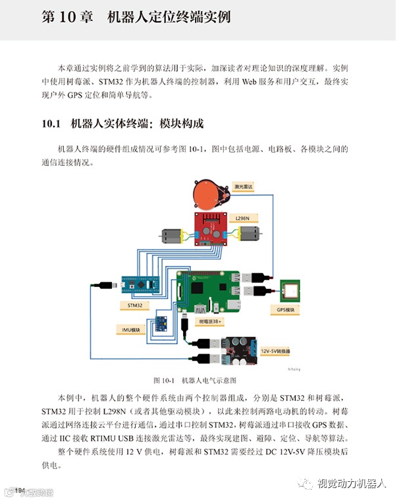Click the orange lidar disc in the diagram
pyautogui.click(x=208, y=194)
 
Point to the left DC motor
pyautogui.click(x=173, y=235)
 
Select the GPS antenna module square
pyautogui.click(x=291, y=290)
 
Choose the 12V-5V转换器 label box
pyautogui.click(x=279, y=352)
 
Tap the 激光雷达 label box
pyautogui.click(x=243, y=187)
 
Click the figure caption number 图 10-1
pyautogui.click(x=162, y=381)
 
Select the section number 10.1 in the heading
pyautogui.click(x=51, y=123)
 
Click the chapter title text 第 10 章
pyautogui.click(x=65, y=16)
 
